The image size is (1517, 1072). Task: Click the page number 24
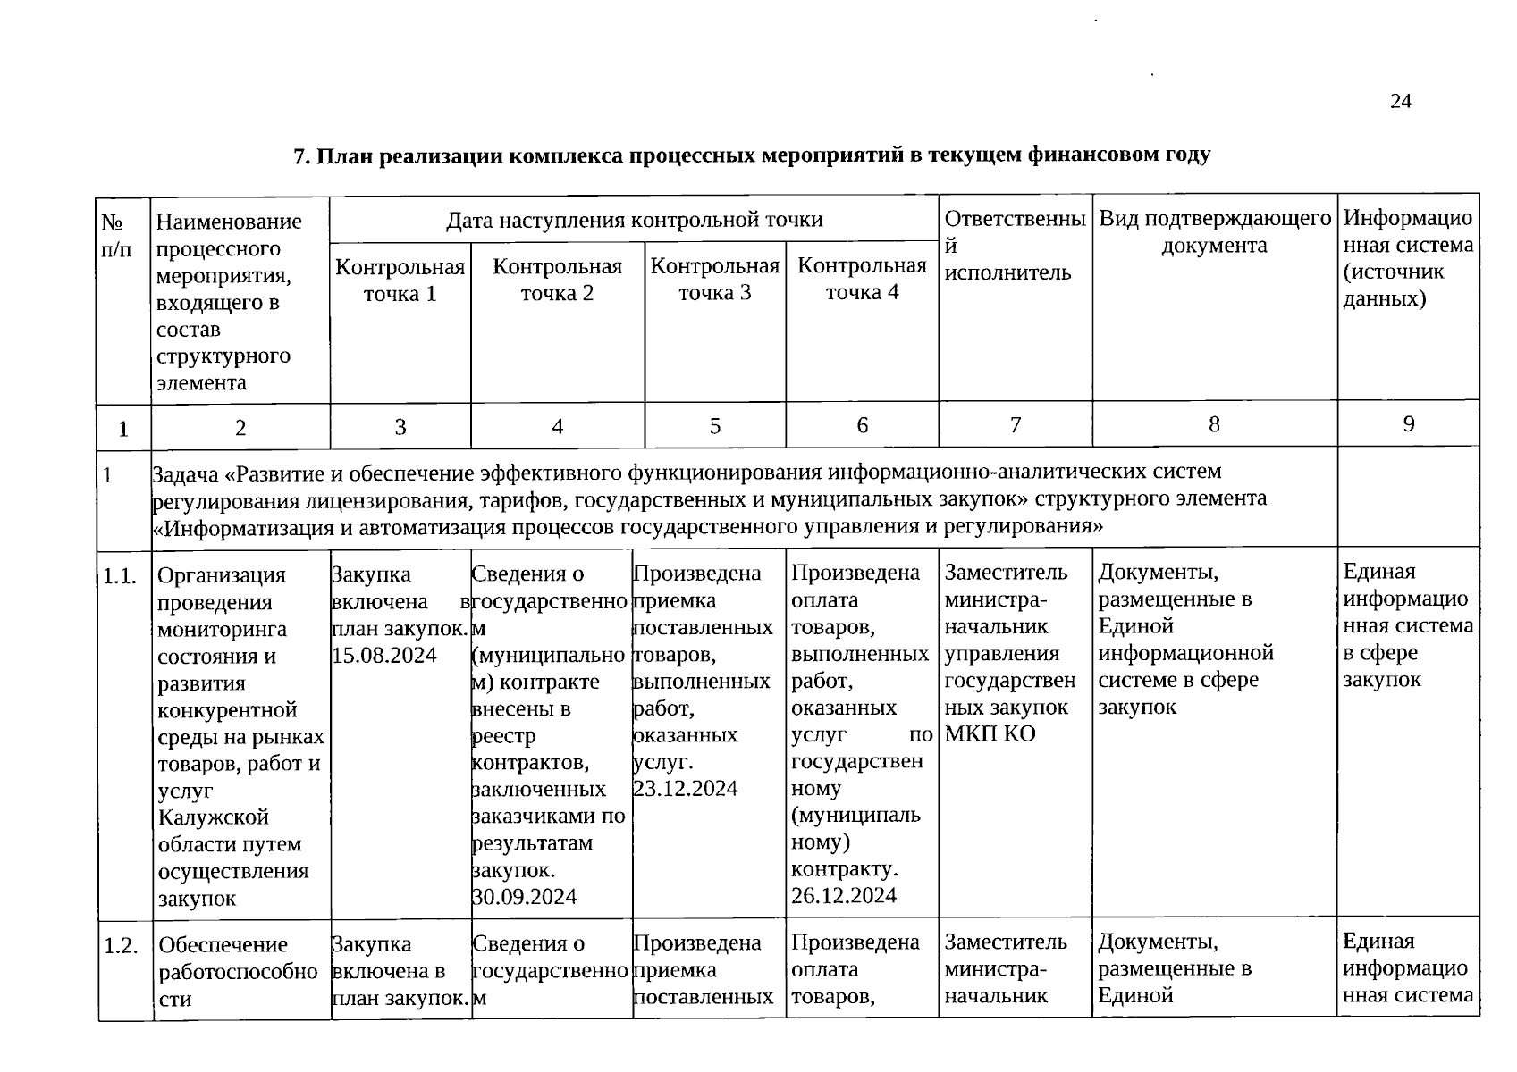[1400, 102]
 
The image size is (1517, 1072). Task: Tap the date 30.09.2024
[524, 896]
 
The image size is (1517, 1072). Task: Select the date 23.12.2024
[686, 788]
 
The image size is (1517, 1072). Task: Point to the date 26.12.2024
[843, 895]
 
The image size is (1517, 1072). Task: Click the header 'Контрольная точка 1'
[400, 280]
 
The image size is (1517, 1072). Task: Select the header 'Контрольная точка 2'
[557, 280]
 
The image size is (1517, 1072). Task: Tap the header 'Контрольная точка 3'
[714, 279]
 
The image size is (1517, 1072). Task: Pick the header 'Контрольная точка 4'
[862, 279]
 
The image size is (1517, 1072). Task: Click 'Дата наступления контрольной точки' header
[634, 219]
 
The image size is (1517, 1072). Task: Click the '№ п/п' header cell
[115, 235]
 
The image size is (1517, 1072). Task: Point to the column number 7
[1015, 425]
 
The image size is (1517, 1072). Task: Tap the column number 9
[1408, 424]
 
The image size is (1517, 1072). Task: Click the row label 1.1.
[119, 576]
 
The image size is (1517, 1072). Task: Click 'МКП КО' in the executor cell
[990, 734]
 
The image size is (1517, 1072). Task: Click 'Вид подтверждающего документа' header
[1215, 231]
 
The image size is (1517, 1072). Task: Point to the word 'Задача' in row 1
[186, 473]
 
